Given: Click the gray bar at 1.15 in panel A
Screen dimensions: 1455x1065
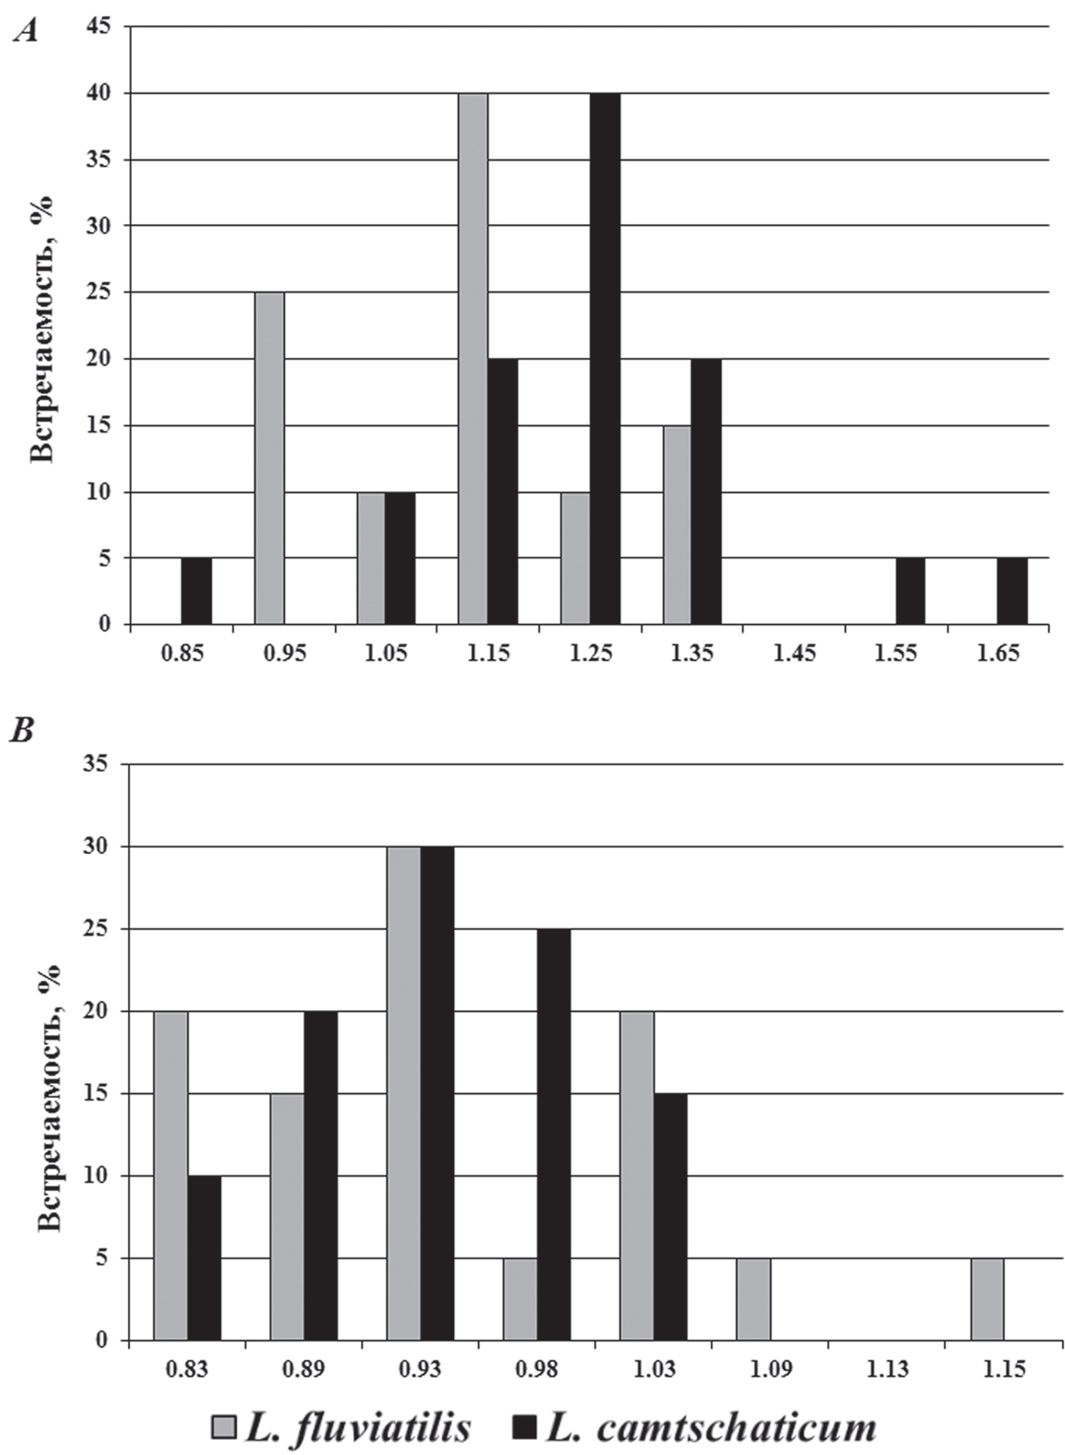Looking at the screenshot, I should [x=473, y=359].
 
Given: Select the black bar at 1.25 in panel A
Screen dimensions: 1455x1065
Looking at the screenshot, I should [x=605, y=359].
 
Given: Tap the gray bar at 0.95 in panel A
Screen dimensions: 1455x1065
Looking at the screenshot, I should [x=269, y=458].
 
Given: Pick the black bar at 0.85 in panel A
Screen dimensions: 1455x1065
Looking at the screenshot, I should [x=197, y=591].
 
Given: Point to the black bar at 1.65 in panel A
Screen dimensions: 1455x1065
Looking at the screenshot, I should [x=1012, y=591].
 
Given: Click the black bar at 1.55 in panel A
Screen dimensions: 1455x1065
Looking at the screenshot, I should [x=910, y=591].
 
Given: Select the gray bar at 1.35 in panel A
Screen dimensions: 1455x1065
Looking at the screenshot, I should [x=677, y=525].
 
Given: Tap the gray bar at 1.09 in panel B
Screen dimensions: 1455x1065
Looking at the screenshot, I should [x=754, y=1299].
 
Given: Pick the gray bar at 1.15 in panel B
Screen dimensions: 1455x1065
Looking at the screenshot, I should [x=987, y=1299].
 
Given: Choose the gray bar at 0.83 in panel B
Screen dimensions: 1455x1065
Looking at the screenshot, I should [x=171, y=1175].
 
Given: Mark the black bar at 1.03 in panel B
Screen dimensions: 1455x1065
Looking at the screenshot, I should [x=671, y=1217].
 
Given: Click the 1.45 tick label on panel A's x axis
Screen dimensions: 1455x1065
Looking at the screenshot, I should [x=794, y=653].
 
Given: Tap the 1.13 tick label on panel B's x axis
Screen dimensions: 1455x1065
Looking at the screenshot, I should [x=888, y=1369].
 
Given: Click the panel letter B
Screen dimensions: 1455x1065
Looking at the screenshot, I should [x=22, y=730].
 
